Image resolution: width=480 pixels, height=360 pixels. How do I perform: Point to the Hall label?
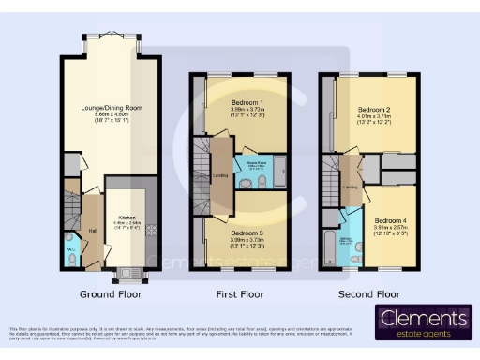pyautogui.click(x=93, y=230)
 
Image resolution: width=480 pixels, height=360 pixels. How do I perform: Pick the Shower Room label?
pyautogui.click(x=254, y=159)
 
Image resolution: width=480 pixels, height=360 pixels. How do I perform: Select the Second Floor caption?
pyautogui.click(x=368, y=292)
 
